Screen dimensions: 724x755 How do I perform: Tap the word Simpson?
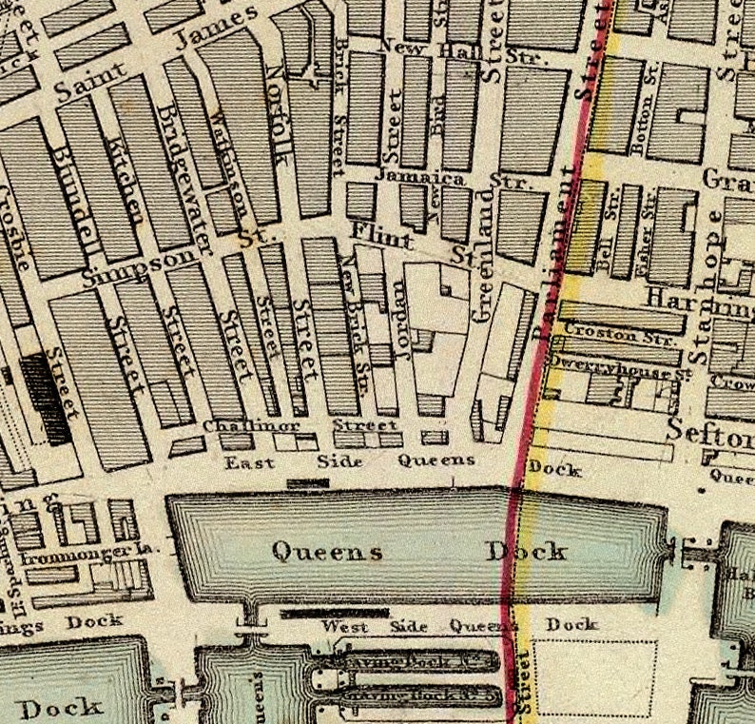(x=143, y=267)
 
